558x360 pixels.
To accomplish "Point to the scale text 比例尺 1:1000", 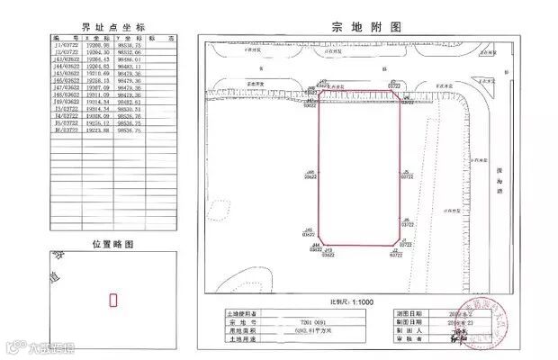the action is click(x=354, y=302).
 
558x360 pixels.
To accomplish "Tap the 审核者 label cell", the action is click(x=412, y=338).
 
